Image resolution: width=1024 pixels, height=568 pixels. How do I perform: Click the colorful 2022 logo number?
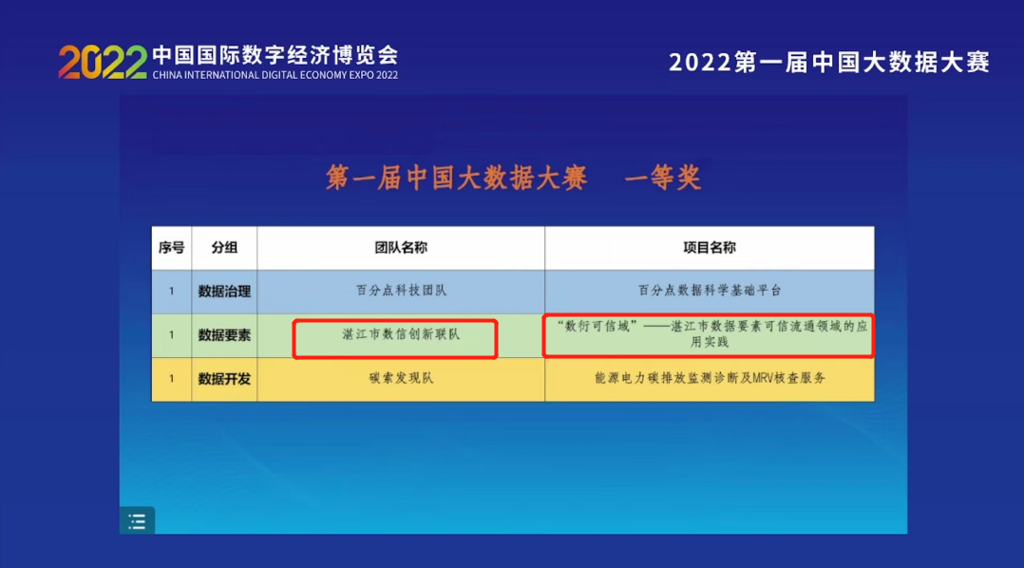[103, 62]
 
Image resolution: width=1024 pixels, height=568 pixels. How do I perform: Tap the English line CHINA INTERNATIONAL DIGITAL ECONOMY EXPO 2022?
[275, 75]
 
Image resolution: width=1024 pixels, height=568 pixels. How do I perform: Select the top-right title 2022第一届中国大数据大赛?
[829, 63]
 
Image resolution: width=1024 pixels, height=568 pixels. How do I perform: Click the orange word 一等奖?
[663, 178]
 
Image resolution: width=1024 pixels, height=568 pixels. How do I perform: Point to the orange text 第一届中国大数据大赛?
[457, 178]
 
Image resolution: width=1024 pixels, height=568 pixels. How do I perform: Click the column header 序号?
[171, 247]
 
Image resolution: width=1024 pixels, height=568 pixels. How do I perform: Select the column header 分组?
[224, 247]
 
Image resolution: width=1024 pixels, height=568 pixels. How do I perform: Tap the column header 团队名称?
[400, 247]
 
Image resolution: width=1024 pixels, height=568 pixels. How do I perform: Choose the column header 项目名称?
[709, 247]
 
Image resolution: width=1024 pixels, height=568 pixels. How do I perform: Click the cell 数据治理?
[224, 291]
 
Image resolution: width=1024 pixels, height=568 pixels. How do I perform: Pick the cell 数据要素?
[224, 334]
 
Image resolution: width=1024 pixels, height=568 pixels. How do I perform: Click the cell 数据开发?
[224, 378]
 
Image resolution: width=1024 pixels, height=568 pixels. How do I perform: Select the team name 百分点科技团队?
[400, 291]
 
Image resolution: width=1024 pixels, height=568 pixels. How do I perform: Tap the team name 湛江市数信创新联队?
[400, 334]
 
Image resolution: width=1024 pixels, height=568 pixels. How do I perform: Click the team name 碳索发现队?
[400, 378]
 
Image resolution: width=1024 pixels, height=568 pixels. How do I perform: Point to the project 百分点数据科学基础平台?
[709, 291]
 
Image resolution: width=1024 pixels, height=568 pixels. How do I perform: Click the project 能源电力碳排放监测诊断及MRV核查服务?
[709, 378]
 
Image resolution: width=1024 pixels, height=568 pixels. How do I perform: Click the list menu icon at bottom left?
[137, 521]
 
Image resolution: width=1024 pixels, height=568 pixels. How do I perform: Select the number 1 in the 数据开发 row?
[171, 378]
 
